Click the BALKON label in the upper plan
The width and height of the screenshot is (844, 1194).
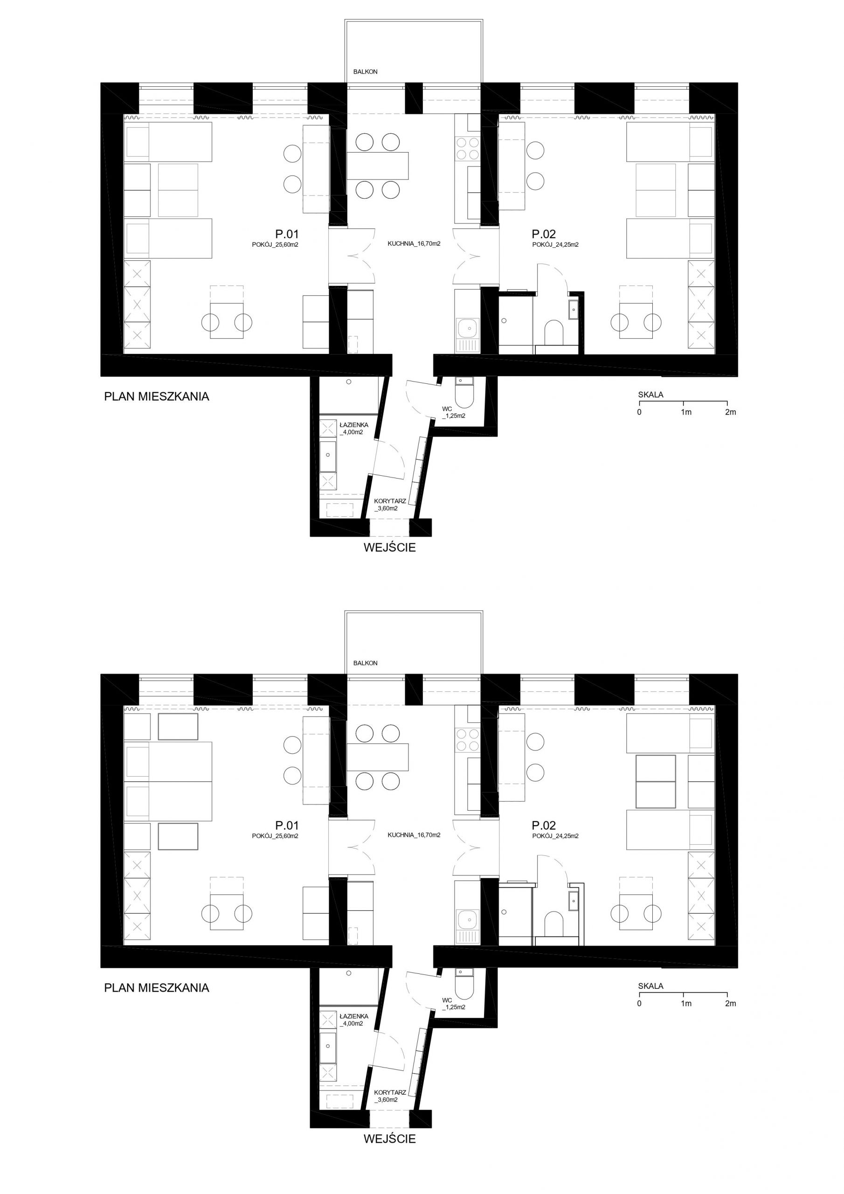[x=365, y=72]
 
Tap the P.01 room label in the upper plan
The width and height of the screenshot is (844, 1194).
[x=287, y=234]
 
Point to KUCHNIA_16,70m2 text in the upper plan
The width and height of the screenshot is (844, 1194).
[x=414, y=243]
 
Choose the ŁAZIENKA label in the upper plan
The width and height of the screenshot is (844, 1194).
[x=353, y=425]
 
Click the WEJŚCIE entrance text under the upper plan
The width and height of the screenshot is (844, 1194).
[x=389, y=548]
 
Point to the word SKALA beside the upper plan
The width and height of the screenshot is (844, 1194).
[x=650, y=395]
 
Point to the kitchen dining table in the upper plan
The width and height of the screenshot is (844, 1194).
[x=377, y=165]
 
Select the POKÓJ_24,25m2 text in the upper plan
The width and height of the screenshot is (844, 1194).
[x=555, y=244]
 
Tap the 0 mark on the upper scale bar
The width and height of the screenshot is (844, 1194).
[x=639, y=412]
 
